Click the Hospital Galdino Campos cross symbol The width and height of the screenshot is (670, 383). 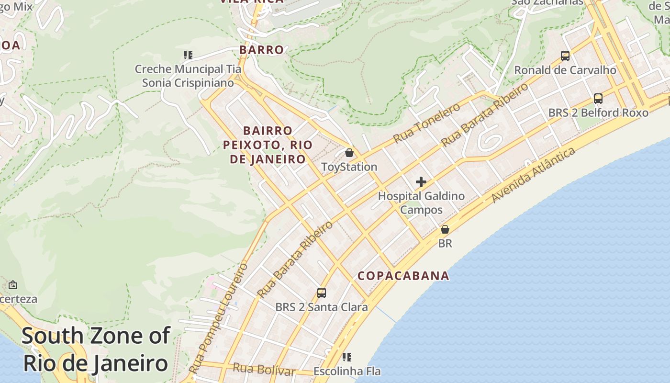click(421, 182)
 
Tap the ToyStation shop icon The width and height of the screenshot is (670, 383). click(349, 153)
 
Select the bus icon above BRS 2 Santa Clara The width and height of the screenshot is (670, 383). click(322, 293)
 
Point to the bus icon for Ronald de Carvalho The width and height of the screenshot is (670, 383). click(565, 56)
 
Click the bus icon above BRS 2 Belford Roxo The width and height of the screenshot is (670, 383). click(598, 99)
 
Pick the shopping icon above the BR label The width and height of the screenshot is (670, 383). click(445, 229)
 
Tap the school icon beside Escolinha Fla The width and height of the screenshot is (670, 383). click(347, 357)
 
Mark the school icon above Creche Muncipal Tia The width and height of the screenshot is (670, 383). click(188, 55)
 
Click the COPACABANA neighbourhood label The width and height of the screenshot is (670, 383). click(403, 276)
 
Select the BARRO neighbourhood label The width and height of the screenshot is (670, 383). click(262, 50)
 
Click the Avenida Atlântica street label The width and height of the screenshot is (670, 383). click(534, 174)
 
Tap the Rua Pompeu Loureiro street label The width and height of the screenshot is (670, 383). click(218, 318)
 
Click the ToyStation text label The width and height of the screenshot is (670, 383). click(349, 167)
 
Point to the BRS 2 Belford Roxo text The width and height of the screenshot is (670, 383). click(598, 113)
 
